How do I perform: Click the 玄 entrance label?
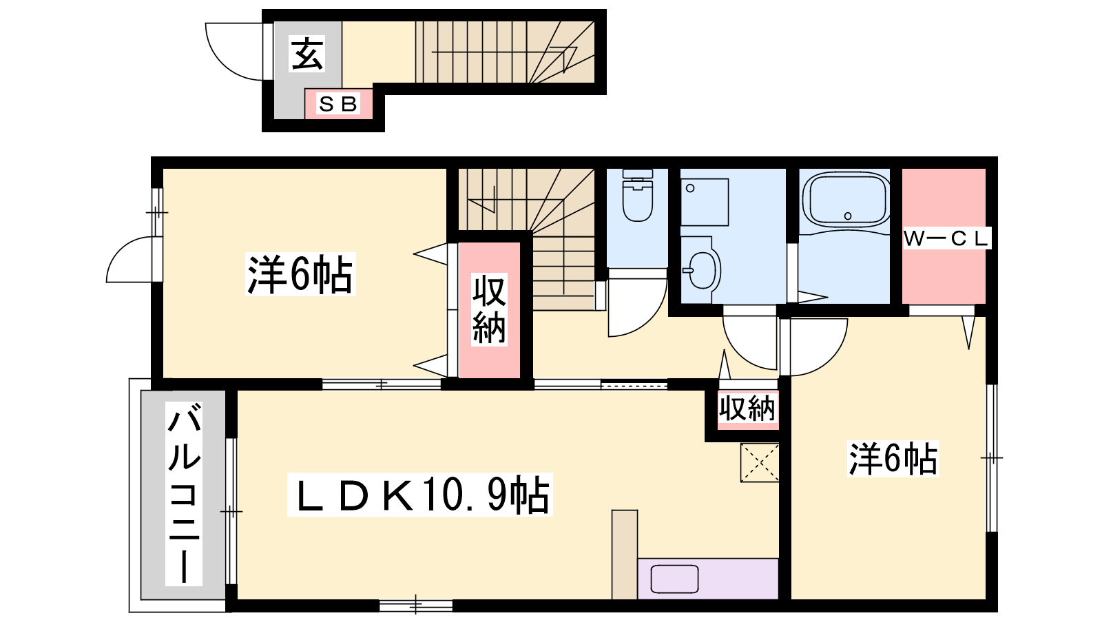(307, 54)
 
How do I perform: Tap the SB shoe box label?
(338, 104)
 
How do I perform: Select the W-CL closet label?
(946, 239)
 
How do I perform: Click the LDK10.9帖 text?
(419, 495)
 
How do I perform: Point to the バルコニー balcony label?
(184, 493)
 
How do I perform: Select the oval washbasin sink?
(703, 270)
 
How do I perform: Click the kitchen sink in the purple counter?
(674, 579)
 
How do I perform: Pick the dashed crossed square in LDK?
(760, 462)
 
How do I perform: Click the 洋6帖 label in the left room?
(300, 275)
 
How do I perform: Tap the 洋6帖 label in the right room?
(893, 459)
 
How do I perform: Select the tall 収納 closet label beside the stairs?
(489, 310)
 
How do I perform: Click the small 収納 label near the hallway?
(747, 409)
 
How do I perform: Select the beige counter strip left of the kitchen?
(625, 555)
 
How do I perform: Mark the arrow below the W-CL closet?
(968, 333)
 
